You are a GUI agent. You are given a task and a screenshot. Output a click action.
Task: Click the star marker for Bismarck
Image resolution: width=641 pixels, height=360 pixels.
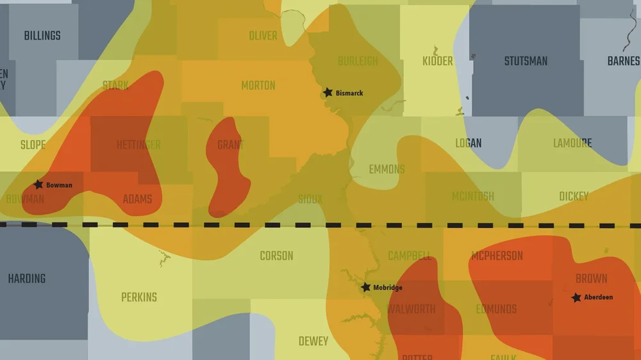pyautogui.click(x=328, y=93)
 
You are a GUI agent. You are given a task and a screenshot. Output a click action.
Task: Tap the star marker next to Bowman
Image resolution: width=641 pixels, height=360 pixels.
pyautogui.click(x=38, y=184)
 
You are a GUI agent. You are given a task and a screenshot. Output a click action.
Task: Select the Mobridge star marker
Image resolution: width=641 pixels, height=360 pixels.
pyautogui.click(x=365, y=288)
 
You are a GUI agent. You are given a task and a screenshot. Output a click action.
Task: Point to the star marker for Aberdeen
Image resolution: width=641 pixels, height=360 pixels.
pyautogui.click(x=576, y=297)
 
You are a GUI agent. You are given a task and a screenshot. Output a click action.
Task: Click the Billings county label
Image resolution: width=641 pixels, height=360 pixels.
pyautogui.click(x=42, y=36)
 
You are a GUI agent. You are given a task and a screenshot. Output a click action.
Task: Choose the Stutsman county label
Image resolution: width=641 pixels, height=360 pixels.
pyautogui.click(x=526, y=61)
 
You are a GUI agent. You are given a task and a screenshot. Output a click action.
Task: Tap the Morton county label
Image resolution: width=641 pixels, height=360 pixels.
pyautogui.click(x=258, y=85)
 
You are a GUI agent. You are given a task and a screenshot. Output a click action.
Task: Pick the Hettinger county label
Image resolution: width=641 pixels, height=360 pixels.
pyautogui.click(x=138, y=145)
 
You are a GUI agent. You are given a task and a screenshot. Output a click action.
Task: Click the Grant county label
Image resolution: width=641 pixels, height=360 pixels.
pyautogui.click(x=230, y=145)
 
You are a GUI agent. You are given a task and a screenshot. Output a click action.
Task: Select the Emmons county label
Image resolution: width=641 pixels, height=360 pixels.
pyautogui.click(x=387, y=170)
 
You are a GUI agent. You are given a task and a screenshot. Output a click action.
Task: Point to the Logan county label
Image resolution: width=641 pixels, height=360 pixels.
pyautogui.click(x=468, y=143)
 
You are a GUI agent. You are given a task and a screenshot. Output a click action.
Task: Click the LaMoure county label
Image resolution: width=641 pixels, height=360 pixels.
pyautogui.click(x=572, y=143)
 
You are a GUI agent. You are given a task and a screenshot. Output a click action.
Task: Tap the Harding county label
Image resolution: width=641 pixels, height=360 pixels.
pyautogui.click(x=27, y=279)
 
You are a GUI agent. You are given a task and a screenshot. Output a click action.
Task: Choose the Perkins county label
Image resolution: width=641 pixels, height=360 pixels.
pyautogui.click(x=139, y=297)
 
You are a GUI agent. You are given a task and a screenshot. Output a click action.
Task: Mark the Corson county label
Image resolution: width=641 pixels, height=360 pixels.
pyautogui.click(x=276, y=256)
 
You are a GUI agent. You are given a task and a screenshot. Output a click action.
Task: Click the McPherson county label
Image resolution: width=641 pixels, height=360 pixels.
pyautogui.click(x=497, y=256)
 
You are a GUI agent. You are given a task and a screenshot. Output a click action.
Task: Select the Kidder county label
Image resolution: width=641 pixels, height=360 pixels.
pyautogui.click(x=438, y=61)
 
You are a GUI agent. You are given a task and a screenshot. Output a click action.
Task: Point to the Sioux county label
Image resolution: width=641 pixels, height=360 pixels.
pyautogui.click(x=310, y=199)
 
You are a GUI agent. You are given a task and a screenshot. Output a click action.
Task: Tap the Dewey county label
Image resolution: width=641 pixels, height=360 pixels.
pyautogui.click(x=313, y=341)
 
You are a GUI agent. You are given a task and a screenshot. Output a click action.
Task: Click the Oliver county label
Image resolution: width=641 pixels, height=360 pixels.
pyautogui.click(x=263, y=36)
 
